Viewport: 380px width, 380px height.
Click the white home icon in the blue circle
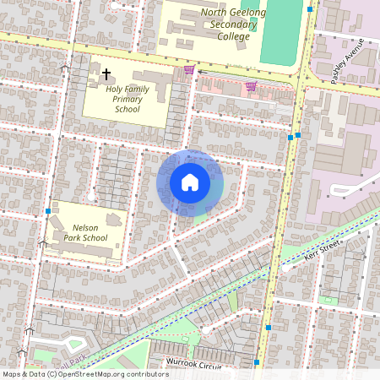coord(190,182)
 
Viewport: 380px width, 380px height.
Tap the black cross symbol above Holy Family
coord(106,74)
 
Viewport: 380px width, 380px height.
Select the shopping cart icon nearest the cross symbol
coord(189,69)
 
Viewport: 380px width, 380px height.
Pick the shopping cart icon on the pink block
coord(251,86)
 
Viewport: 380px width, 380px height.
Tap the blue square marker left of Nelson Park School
coord(47,211)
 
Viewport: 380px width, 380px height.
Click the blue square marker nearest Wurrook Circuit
coord(257,363)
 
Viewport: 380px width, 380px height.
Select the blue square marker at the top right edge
coord(310,9)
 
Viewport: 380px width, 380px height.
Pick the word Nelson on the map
coord(87,228)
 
